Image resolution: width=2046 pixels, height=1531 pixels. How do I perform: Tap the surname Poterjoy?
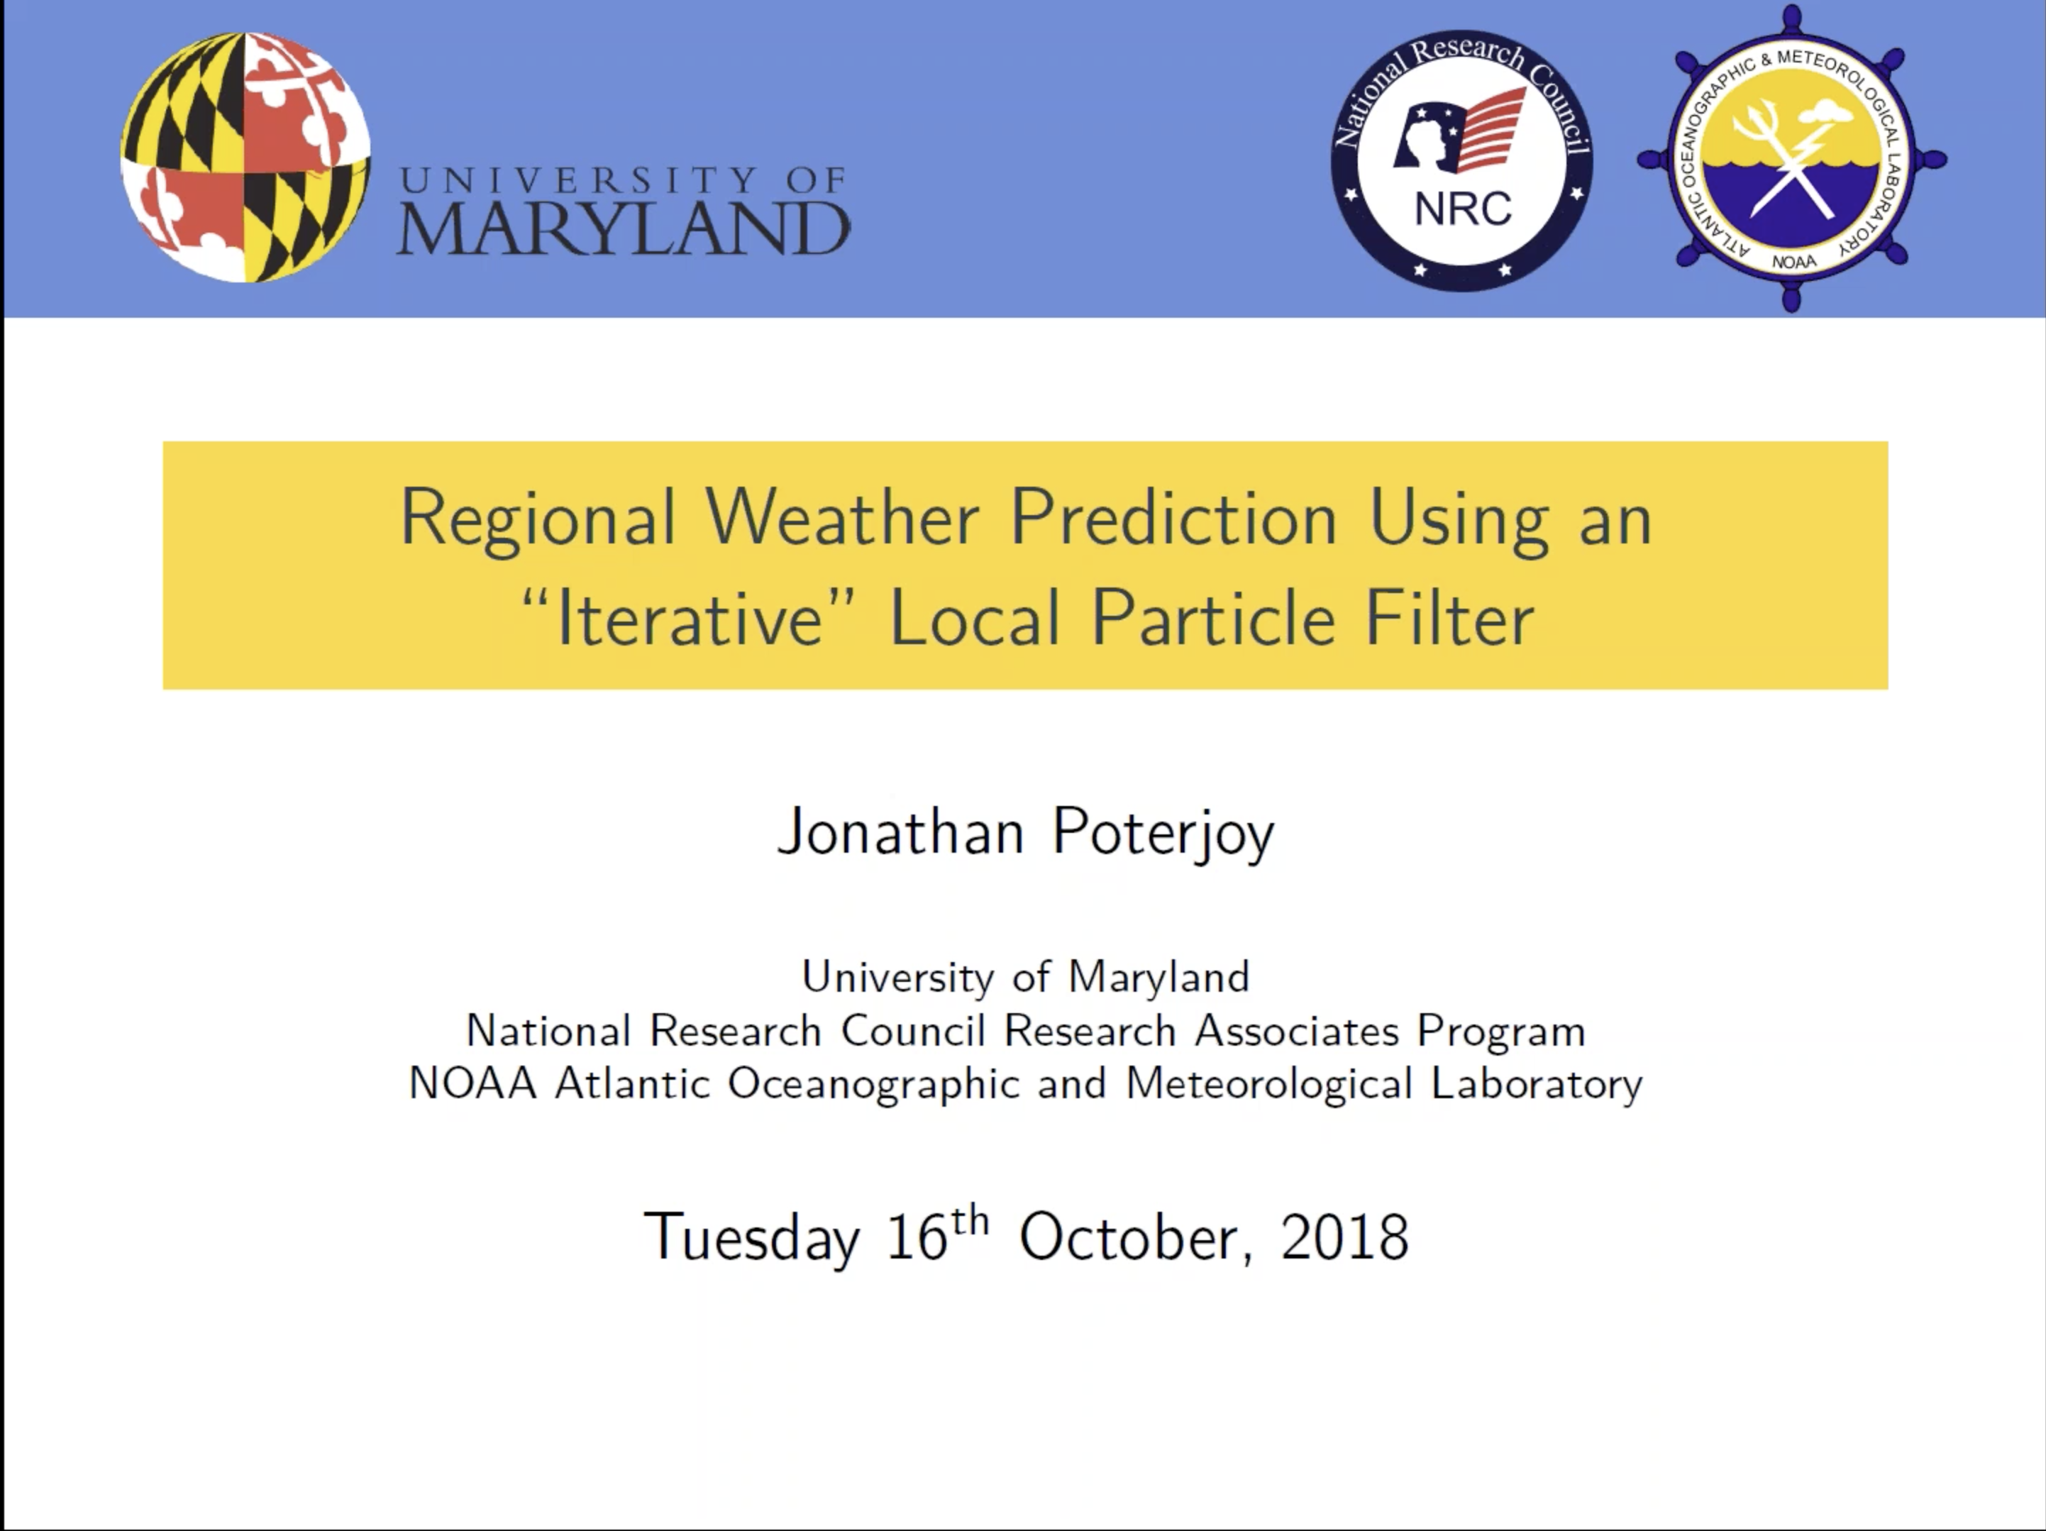[1163, 834]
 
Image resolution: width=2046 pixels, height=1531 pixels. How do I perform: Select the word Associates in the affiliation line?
[1297, 1031]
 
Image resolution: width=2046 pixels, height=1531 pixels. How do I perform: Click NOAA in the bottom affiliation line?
[472, 1083]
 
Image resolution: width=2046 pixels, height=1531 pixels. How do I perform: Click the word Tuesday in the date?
[751, 1239]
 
